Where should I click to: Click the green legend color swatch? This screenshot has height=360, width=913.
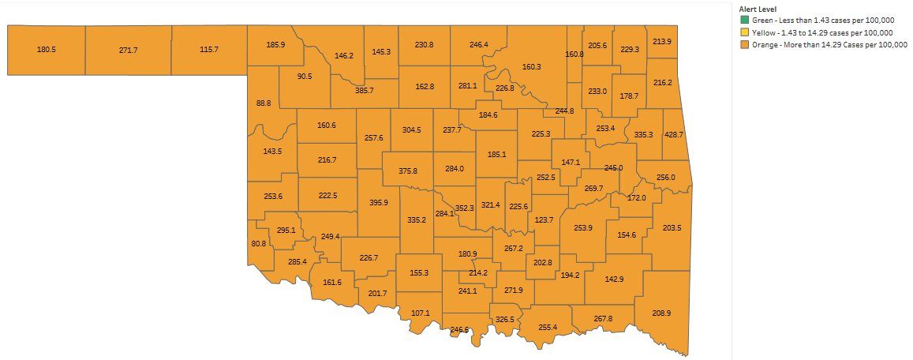(x=744, y=21)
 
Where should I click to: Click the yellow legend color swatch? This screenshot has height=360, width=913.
(x=744, y=32)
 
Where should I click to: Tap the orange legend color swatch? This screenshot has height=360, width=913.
(x=744, y=44)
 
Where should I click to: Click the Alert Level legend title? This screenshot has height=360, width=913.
(x=758, y=9)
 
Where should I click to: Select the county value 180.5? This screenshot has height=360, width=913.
(x=47, y=50)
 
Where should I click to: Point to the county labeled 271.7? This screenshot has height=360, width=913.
(x=128, y=50)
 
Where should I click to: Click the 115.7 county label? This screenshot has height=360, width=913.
(x=209, y=50)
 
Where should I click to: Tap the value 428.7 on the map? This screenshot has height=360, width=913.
(x=674, y=135)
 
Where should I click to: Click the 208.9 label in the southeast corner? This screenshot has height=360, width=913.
(x=661, y=313)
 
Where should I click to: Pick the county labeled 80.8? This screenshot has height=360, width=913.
(x=259, y=244)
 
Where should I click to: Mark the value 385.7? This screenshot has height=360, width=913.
(x=364, y=92)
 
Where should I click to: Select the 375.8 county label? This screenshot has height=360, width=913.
(x=408, y=171)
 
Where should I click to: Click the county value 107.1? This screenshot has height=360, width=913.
(x=421, y=313)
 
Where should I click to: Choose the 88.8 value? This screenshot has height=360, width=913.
(x=264, y=103)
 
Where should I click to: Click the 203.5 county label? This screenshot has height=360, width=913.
(x=672, y=228)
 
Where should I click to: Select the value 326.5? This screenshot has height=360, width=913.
(x=505, y=320)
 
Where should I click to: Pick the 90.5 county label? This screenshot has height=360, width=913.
(x=305, y=77)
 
